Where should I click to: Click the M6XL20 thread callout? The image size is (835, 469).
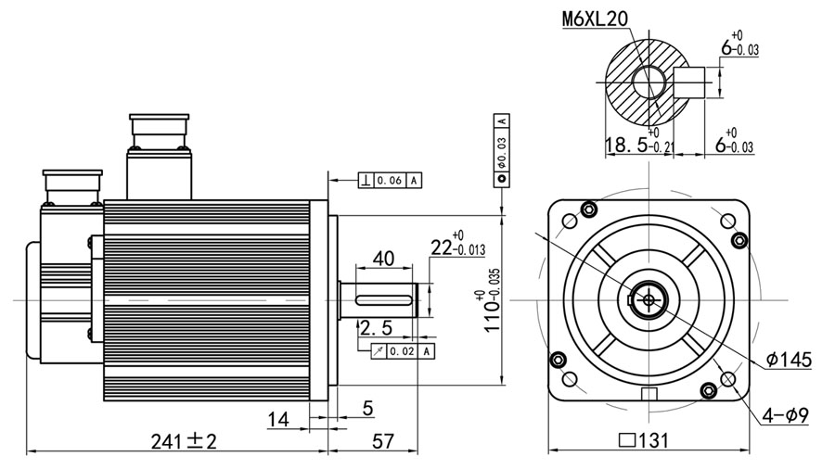[596, 19]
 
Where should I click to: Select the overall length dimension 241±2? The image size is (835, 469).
[184, 441]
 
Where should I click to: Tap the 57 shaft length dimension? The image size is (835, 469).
[382, 441]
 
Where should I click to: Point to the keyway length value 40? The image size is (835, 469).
[383, 259]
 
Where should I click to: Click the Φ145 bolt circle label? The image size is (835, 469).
[790, 360]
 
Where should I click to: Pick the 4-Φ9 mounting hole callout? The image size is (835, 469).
[785, 414]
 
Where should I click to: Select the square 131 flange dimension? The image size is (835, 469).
[644, 440]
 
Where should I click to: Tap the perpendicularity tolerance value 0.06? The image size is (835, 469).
[390, 181]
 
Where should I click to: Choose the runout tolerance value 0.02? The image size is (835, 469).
[402, 351]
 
